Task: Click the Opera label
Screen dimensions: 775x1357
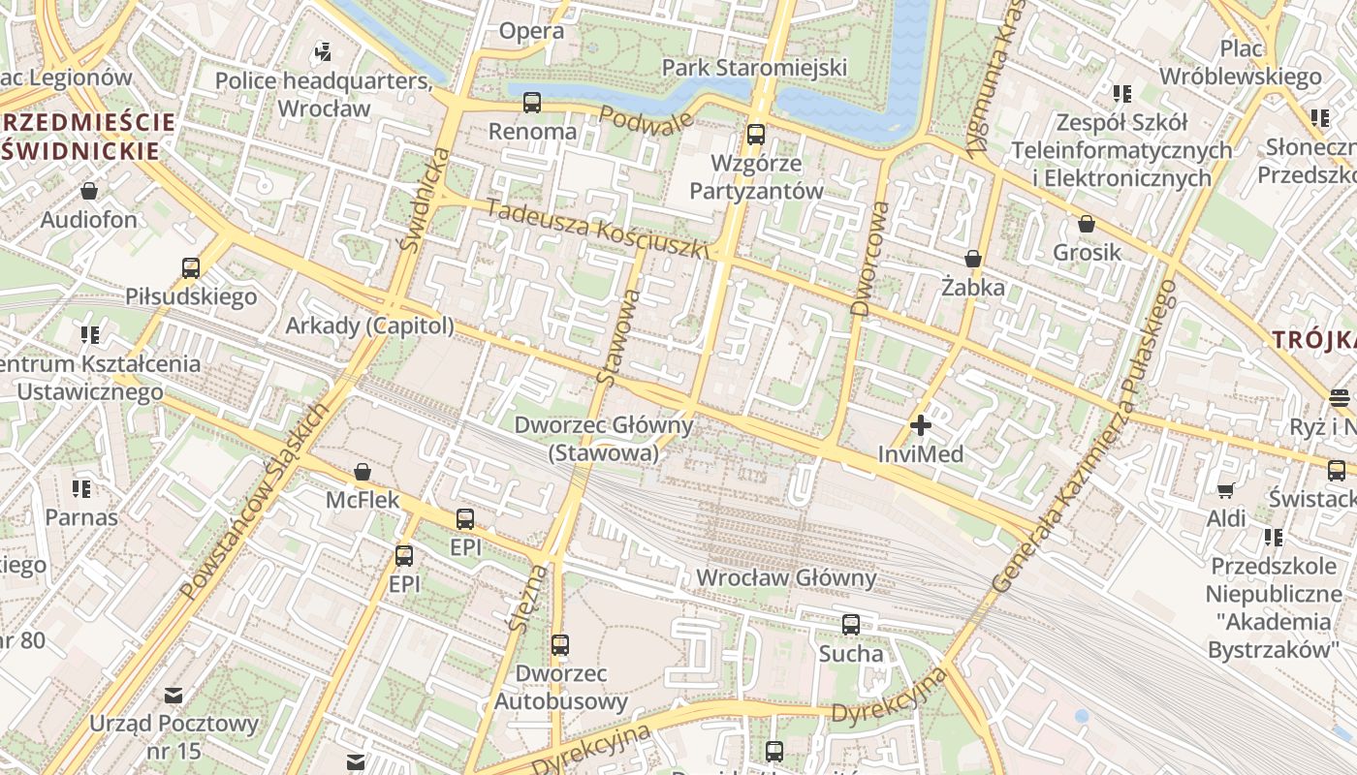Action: click(x=531, y=31)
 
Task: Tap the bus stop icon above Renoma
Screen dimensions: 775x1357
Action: click(x=531, y=102)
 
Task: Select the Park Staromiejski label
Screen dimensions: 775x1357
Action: click(x=754, y=67)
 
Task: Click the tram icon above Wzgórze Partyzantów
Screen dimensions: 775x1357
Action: click(x=755, y=135)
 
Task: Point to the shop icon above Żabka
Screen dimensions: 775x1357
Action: click(x=972, y=259)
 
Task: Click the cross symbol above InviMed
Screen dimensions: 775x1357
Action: click(x=920, y=424)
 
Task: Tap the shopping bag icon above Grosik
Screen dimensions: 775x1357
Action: click(x=1087, y=224)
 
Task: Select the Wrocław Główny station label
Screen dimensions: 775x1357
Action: click(x=786, y=578)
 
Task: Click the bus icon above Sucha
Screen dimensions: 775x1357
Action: click(x=850, y=625)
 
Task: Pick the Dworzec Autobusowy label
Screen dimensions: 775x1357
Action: click(x=560, y=687)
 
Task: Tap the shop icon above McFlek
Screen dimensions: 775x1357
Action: click(x=362, y=472)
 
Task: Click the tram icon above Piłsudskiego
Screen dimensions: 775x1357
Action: click(x=191, y=267)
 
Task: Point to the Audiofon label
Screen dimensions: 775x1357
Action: click(x=89, y=220)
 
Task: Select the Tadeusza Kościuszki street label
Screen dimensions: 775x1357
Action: click(x=597, y=229)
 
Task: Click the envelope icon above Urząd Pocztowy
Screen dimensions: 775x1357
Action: click(x=174, y=695)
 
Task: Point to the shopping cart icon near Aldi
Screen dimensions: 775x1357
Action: click(x=1225, y=491)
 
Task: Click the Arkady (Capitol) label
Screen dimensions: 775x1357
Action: click(x=369, y=325)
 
